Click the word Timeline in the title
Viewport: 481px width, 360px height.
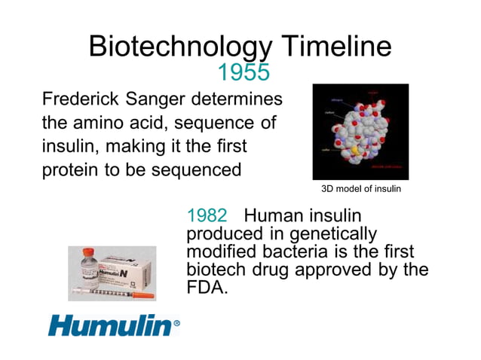[336, 47]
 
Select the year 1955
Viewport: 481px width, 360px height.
[243, 73]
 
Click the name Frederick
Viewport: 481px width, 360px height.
[79, 99]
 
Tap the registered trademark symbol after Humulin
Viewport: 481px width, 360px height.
[176, 325]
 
